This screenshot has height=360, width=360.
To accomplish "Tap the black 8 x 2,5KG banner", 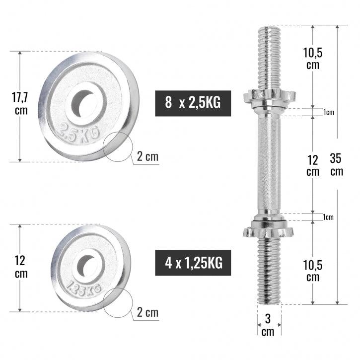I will (x=194, y=103).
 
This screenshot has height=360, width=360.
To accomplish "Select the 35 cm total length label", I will (x=337, y=165).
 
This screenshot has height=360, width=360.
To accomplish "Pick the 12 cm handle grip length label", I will (x=312, y=165).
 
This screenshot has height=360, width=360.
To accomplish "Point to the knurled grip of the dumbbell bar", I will (x=268, y=164).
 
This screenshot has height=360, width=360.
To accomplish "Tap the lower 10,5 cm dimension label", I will (x=312, y=271).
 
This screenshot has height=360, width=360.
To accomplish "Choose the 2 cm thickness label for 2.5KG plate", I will (x=147, y=157).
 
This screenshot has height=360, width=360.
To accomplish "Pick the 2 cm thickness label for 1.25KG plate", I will (x=147, y=312).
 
